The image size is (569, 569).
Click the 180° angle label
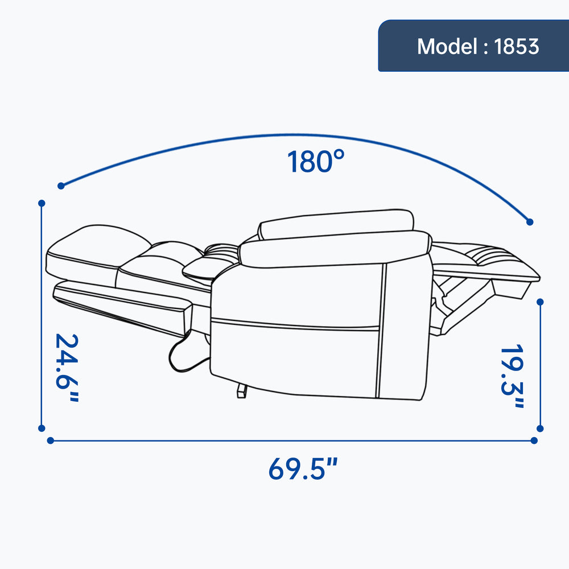(x=315, y=161)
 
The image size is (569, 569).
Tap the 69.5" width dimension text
(x=303, y=468)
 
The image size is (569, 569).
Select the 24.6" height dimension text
(x=67, y=368)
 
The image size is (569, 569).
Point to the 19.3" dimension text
(x=512, y=376)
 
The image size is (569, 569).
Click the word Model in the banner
(x=447, y=47)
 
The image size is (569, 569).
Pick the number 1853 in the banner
(x=517, y=47)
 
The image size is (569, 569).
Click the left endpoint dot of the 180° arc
(x=61, y=186)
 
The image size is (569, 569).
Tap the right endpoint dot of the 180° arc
(x=530, y=222)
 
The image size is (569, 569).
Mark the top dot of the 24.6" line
(x=42, y=203)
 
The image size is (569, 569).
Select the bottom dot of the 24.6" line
(x=42, y=428)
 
